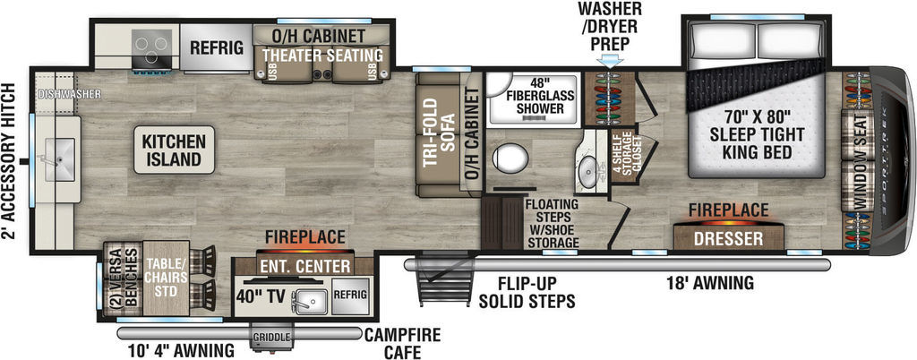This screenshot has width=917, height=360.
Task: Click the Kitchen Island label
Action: coord(174,150)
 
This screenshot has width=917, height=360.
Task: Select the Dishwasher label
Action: coord(69,94)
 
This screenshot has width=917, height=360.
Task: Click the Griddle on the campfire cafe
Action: coord(270,338)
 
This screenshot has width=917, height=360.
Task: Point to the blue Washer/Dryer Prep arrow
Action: coord(611,61)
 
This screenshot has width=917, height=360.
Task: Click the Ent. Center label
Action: coord(305,267)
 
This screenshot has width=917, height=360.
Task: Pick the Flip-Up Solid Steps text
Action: coord(536,292)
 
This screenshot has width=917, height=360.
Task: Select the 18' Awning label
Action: coord(710,284)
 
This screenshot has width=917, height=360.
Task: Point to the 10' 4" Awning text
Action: coord(181,351)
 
